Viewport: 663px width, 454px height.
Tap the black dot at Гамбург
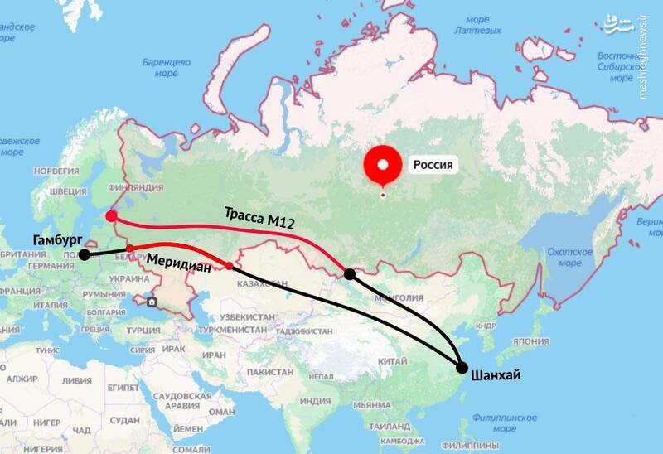(85, 255)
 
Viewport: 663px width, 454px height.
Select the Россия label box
(433, 165)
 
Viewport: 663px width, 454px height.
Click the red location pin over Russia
(382, 165)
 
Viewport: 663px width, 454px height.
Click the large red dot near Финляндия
(112, 218)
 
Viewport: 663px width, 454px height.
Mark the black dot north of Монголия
(350, 274)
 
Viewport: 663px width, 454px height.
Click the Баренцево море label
(166, 68)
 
